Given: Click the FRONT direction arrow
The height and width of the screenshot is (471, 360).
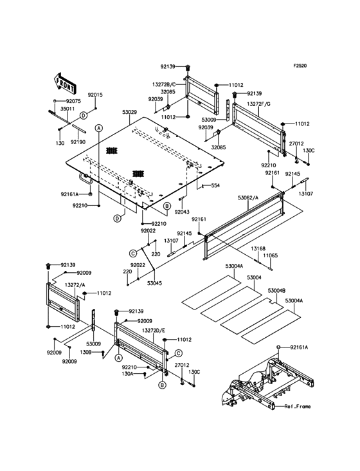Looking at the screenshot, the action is [64, 83].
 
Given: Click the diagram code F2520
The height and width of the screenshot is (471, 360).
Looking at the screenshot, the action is [300, 66].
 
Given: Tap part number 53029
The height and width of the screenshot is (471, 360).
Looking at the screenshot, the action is [129, 112].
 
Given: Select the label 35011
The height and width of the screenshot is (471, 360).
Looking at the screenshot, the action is [67, 109].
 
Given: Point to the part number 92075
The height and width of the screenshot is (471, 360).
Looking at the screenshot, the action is [73, 101].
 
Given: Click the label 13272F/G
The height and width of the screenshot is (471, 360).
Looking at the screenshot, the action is [258, 104].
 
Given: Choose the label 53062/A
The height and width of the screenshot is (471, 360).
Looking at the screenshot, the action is [248, 198].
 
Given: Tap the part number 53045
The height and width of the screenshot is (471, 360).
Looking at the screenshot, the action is [154, 283].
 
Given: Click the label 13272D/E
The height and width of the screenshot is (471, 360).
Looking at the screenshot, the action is [153, 331].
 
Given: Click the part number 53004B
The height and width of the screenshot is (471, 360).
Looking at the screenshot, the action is [276, 290].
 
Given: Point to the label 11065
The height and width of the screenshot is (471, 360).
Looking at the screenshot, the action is [271, 255].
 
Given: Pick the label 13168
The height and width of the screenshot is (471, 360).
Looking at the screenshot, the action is [258, 249].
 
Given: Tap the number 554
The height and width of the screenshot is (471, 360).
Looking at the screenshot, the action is [215, 185].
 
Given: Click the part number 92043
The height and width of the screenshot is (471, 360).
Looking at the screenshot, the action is [182, 212].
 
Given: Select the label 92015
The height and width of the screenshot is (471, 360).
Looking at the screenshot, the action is [95, 95].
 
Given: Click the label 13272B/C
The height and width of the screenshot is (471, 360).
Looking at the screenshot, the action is [164, 85].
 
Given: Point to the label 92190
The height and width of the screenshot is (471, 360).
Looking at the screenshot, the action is [78, 142].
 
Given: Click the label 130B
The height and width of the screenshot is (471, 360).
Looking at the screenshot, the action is [85, 352].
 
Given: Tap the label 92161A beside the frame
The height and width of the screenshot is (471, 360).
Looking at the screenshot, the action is [299, 347].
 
